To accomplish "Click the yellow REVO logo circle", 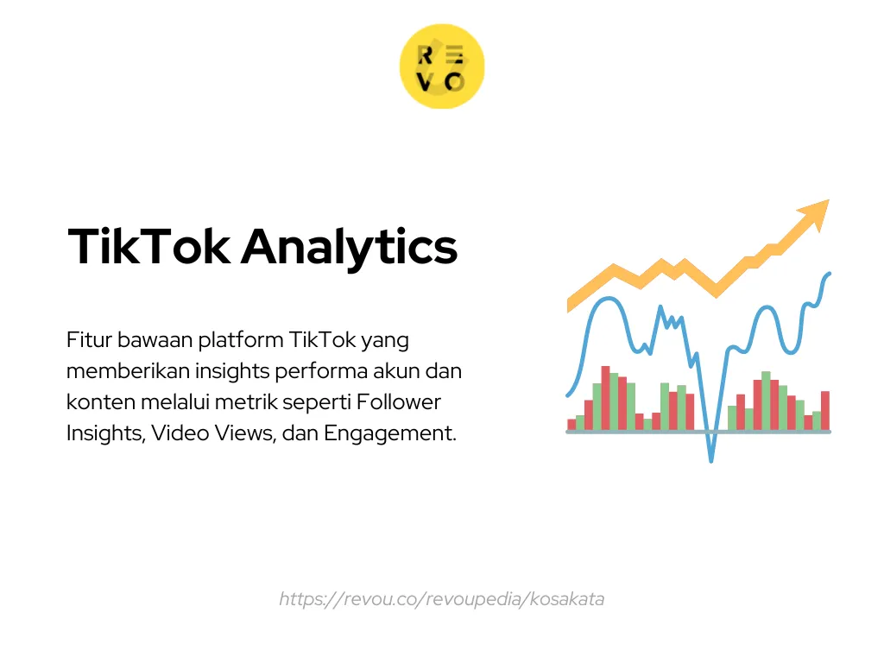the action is [442, 66].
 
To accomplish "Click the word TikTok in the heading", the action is [148, 246].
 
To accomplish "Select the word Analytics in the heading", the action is [349, 248].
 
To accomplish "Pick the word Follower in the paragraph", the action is [398, 402].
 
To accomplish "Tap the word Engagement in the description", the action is [389, 434].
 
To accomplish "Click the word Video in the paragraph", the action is [180, 433].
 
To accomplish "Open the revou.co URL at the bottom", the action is [441, 599].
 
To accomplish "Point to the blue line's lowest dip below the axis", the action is [711, 460].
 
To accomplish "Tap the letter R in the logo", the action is [425, 55].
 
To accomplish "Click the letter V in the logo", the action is [425, 82].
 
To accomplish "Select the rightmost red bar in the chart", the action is [825, 410].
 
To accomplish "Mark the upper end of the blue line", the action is [830, 274].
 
